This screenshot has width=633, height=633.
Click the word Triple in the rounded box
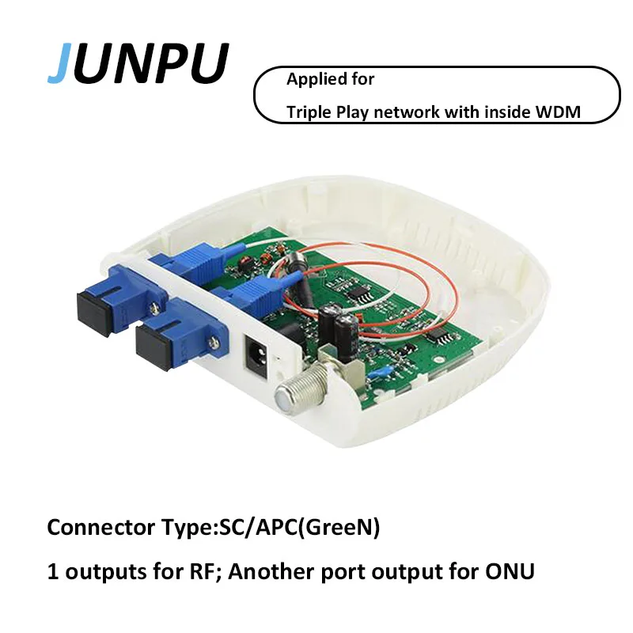309,112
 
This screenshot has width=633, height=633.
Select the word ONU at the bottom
510,570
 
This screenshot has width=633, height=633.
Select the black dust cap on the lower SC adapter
154,347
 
